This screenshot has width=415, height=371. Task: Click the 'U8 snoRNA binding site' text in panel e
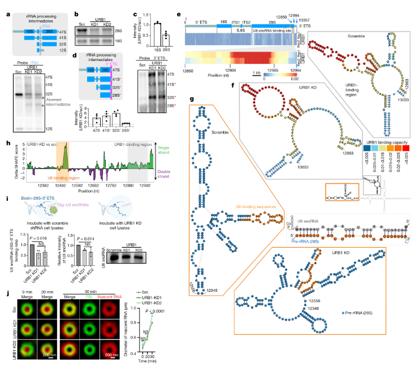pyautogui.click(x=267, y=27)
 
